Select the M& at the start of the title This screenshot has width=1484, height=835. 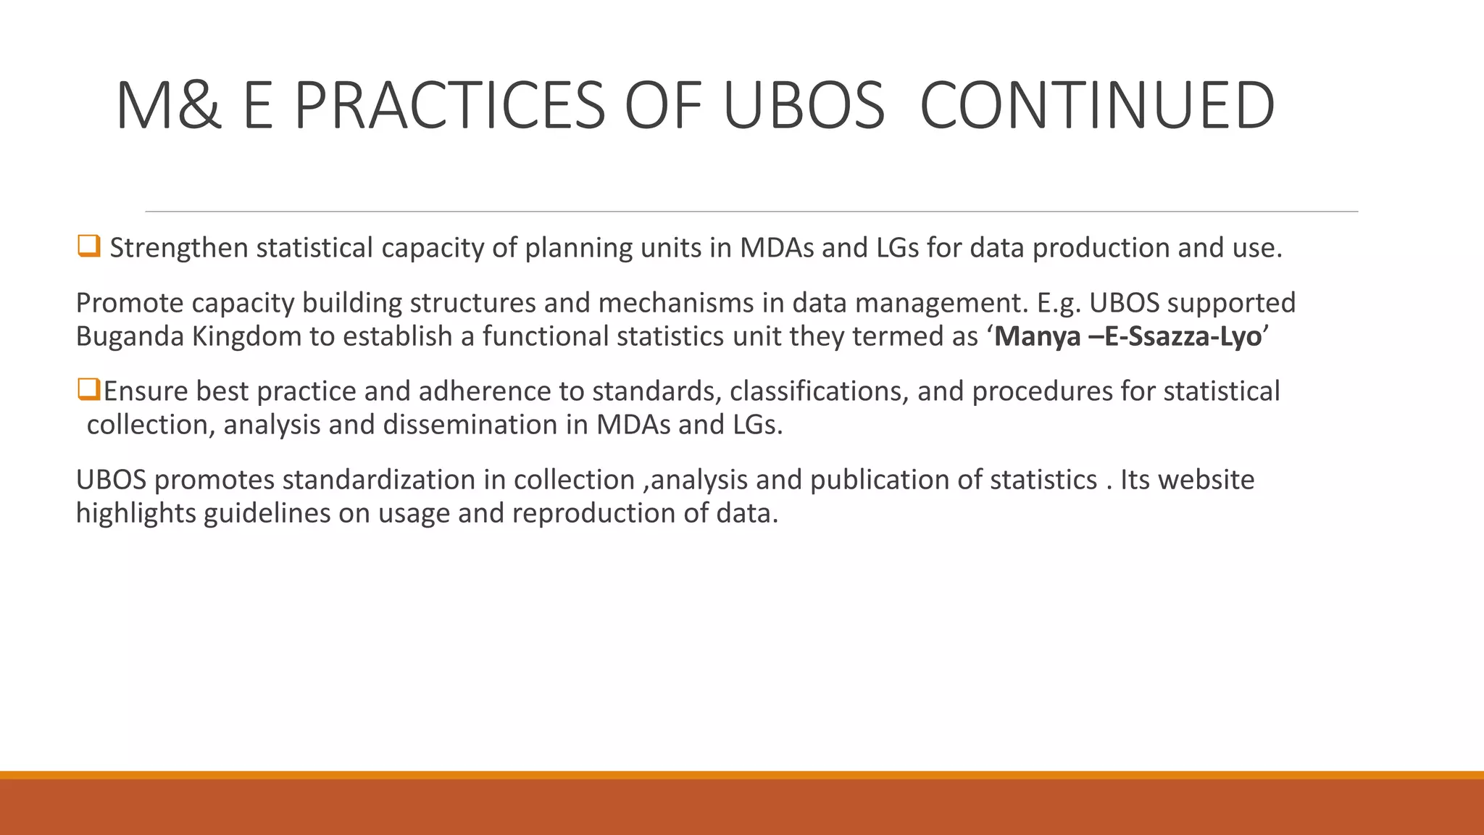coord(168,106)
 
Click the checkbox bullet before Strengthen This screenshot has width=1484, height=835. coord(88,246)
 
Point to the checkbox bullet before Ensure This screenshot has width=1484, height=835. coord(88,389)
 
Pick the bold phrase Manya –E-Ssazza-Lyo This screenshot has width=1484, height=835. coord(1127,336)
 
